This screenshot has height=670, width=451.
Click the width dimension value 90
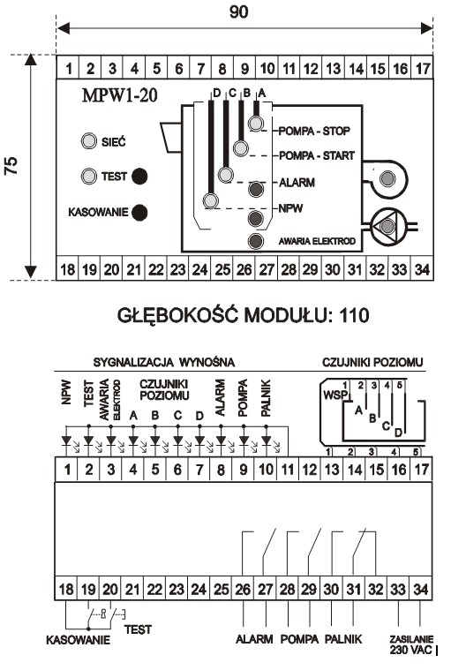click(x=238, y=11)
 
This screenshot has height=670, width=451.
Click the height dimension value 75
click(x=11, y=165)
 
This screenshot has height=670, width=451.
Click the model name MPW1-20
click(x=119, y=94)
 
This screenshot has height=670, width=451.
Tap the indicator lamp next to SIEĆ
click(x=89, y=141)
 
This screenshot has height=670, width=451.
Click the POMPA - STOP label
click(x=314, y=131)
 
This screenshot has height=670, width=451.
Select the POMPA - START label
click(x=317, y=155)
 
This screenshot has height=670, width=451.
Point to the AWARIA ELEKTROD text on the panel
click(x=317, y=241)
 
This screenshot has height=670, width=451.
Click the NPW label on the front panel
click(x=291, y=208)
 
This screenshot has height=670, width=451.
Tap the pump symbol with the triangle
click(x=387, y=227)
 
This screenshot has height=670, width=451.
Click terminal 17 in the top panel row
click(x=422, y=68)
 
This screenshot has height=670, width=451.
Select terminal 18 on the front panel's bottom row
click(x=67, y=269)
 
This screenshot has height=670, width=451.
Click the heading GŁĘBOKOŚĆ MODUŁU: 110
click(x=243, y=315)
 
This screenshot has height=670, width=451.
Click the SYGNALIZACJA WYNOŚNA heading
click(x=164, y=363)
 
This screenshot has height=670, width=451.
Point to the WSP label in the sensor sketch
click(x=335, y=395)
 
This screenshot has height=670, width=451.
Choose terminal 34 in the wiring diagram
click(x=421, y=590)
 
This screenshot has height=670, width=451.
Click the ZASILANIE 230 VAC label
click(x=411, y=644)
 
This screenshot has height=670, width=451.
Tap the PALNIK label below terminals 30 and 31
click(x=343, y=639)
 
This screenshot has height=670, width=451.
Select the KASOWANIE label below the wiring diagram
click(x=78, y=640)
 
